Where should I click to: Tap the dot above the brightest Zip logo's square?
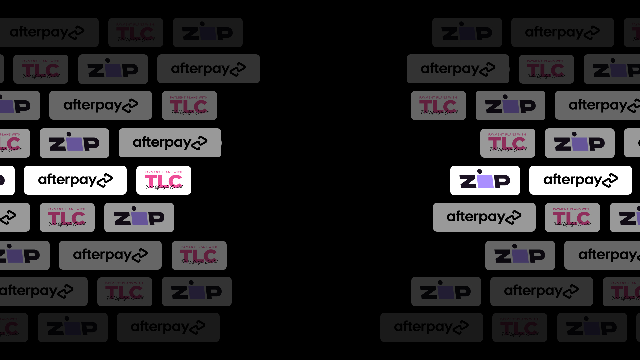[x=480, y=172]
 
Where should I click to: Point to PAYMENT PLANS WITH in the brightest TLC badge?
[x=163, y=172]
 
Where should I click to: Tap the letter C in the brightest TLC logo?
[x=175, y=181]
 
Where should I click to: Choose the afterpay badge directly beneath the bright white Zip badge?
[x=484, y=217]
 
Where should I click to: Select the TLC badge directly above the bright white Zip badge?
[x=508, y=143]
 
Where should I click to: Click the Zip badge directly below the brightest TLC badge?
[x=139, y=217]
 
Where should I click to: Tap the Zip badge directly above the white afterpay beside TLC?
[x=74, y=143]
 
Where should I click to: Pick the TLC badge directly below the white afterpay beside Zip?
[x=572, y=217]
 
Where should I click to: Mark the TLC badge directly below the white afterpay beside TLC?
[x=67, y=217]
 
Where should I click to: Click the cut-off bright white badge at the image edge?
[x=7, y=180]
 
